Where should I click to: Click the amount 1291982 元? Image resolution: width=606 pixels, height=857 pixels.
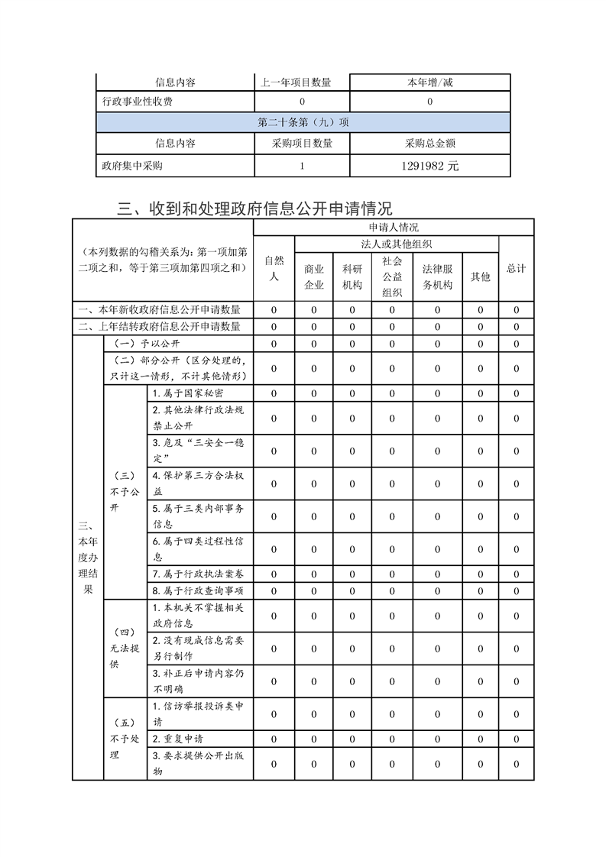pyautogui.click(x=429, y=166)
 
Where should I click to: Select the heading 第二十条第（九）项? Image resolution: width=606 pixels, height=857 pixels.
pyautogui.click(x=303, y=122)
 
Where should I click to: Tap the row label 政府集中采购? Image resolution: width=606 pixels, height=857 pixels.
pyautogui.click(x=132, y=166)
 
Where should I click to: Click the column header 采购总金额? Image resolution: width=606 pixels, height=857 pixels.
pyautogui.click(x=429, y=144)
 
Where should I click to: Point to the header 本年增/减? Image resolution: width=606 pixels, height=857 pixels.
pyautogui.click(x=429, y=82)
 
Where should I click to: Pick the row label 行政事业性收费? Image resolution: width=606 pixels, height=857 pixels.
pyautogui.click(x=138, y=102)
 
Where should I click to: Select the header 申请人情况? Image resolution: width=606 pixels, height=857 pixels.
pyautogui.click(x=393, y=228)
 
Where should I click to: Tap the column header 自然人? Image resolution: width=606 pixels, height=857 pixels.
pyautogui.click(x=274, y=269)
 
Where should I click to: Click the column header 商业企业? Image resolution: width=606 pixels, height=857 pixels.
pyautogui.click(x=314, y=277)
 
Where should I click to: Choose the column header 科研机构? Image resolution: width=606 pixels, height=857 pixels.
pyautogui.click(x=352, y=277)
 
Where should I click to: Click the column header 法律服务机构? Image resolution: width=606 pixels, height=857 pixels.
pyautogui.click(x=438, y=277)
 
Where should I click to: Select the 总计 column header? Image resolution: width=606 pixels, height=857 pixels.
pyautogui.click(x=517, y=269)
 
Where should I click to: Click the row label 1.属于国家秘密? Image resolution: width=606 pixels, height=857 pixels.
pyautogui.click(x=188, y=393)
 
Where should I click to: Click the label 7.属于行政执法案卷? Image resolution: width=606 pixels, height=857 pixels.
pyautogui.click(x=198, y=574)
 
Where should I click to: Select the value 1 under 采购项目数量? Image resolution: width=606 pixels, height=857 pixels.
pyautogui.click(x=302, y=166)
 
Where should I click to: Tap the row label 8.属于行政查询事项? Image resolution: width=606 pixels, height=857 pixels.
pyautogui.click(x=198, y=590)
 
